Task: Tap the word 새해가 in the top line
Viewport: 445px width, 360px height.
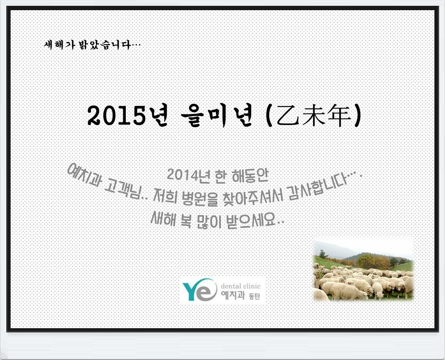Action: pyautogui.click(x=59, y=45)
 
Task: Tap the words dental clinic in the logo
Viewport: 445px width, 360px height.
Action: pyautogui.click(x=240, y=286)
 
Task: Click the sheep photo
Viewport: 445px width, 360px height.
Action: pyautogui.click(x=364, y=270)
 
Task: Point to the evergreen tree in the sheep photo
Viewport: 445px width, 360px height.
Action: pyautogui.click(x=322, y=254)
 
